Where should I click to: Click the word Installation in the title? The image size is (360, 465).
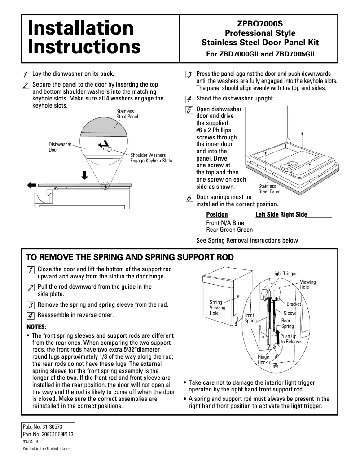[x=81, y=28]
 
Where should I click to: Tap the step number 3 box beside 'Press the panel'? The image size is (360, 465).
[x=189, y=74]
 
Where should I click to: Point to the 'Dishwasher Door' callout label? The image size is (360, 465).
[x=60, y=147]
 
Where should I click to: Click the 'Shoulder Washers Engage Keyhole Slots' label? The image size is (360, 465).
[x=151, y=158]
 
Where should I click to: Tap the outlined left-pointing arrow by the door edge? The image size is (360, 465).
[x=31, y=184]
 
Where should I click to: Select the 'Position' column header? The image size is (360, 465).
[x=217, y=215]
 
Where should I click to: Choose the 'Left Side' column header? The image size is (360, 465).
[x=267, y=215]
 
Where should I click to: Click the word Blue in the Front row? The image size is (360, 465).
[x=238, y=222]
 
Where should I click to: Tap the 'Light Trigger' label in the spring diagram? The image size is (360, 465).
[x=285, y=274]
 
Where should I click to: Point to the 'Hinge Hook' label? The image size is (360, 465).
[x=263, y=360]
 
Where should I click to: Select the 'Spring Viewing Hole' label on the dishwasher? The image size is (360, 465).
[x=217, y=308]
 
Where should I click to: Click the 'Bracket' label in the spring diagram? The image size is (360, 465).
[x=294, y=304]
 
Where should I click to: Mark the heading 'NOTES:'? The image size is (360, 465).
[x=36, y=326]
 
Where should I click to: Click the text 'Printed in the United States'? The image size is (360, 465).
[x=47, y=449]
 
